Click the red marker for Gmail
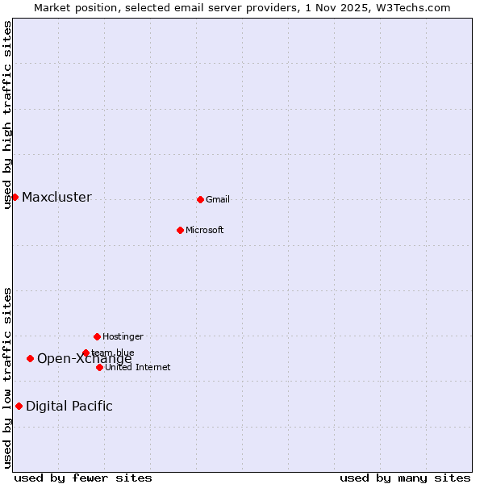200,199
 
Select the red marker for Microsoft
180,230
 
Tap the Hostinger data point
97,336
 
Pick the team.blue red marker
86,353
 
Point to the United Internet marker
99,367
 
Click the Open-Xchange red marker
30,358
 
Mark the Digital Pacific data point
19,406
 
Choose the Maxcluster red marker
15,197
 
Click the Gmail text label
218,200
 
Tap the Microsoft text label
205,231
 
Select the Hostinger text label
123,336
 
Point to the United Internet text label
138,368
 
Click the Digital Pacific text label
69,407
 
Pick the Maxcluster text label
56,198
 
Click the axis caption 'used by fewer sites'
83,478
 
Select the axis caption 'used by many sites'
405,478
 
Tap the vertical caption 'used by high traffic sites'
8,115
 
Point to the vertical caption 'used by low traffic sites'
8,378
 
